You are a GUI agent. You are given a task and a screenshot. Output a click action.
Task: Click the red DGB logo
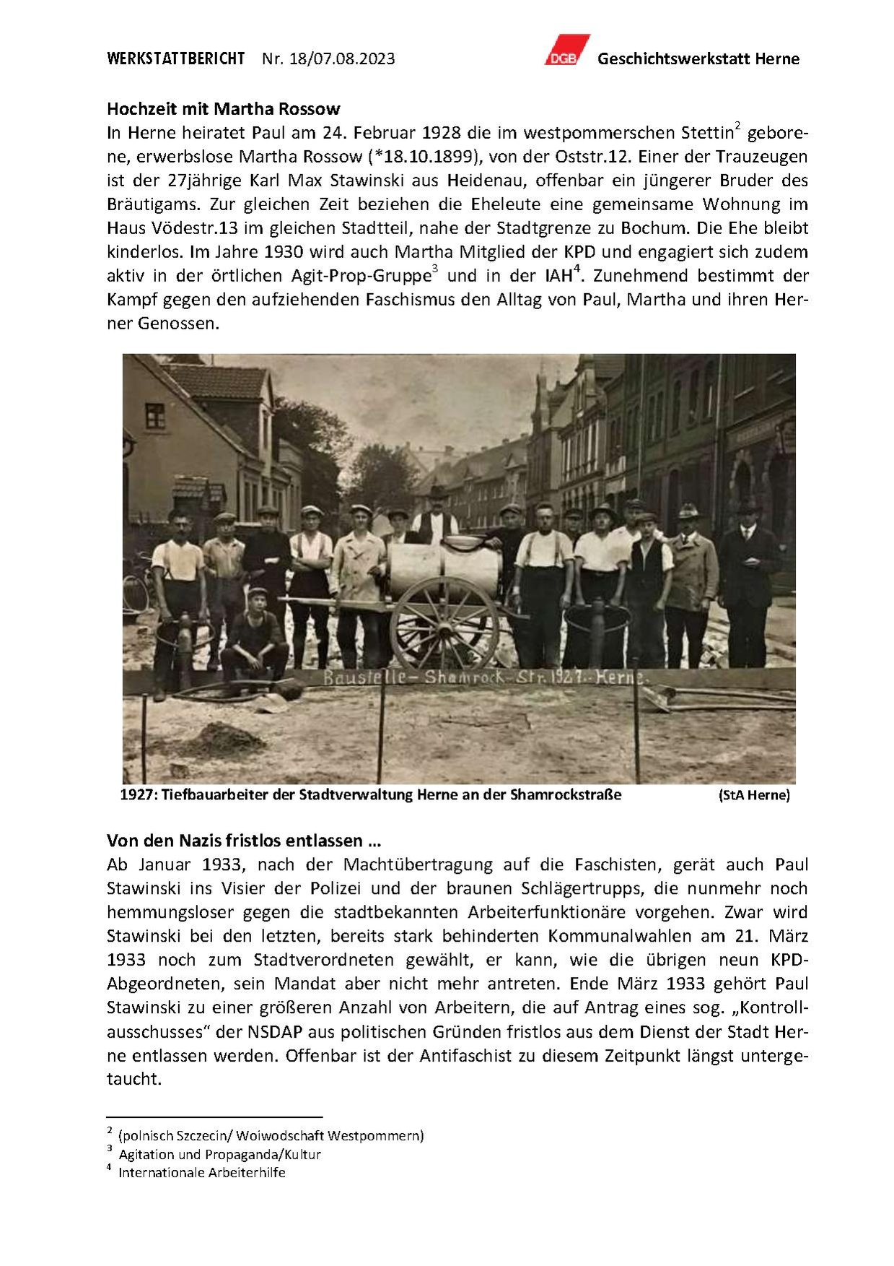coord(566,51)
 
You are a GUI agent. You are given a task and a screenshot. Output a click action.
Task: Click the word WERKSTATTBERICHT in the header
coord(176,58)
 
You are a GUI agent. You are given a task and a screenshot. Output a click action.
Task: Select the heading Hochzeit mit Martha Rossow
coord(224,109)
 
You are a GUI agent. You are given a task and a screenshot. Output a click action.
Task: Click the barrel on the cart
coord(443,568)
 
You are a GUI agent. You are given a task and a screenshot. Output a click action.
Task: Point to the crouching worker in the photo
coord(255,636)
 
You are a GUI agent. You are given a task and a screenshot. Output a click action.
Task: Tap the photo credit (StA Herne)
coord(754,795)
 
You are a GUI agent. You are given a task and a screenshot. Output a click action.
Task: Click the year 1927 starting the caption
coord(136,795)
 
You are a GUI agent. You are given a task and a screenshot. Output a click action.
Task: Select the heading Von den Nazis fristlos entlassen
coord(244,841)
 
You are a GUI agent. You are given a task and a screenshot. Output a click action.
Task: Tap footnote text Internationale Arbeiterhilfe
coord(202,1172)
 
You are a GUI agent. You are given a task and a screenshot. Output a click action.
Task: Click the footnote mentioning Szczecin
coord(271,1135)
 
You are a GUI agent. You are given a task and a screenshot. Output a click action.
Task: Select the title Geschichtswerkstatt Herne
coord(698,59)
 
